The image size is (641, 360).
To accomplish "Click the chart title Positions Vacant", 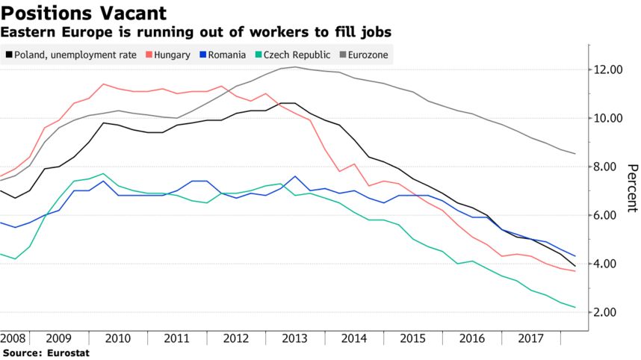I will pos(83,13).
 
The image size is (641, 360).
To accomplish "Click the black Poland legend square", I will pos(8,55).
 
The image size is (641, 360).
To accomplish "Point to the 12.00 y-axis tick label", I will pos(607,70).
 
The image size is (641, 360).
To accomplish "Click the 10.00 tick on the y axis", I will pos(607,119).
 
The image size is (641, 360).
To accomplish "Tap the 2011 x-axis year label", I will pos(176,337).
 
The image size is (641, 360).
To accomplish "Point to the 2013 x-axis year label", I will pos(294,337).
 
